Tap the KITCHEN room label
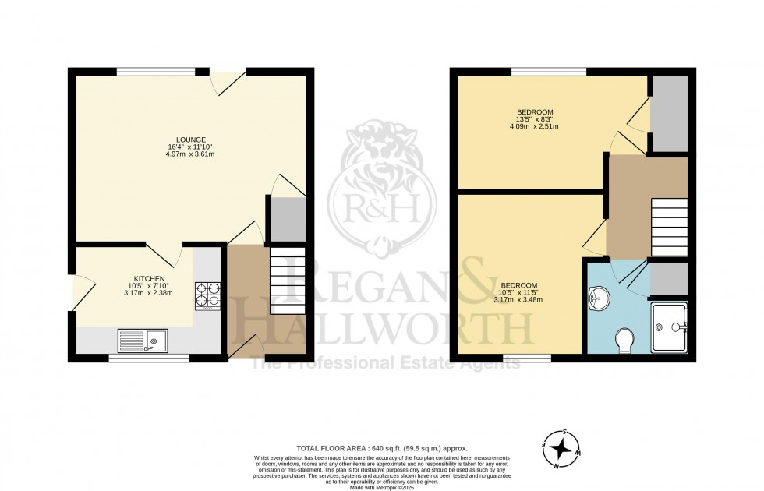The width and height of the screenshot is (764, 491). pos(148,278)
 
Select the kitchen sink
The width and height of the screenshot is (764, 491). pos(143,340)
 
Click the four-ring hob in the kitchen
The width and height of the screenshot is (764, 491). pos(207,296)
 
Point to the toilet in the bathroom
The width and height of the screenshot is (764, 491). pos(624,341)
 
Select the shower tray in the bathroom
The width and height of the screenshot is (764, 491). pos(670,328)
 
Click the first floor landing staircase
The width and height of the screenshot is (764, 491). pos(669,227)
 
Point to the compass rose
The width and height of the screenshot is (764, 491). pos(560,450)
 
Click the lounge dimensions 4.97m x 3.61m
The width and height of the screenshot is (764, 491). pos(190,154)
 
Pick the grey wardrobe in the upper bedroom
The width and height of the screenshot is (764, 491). pos(669,114)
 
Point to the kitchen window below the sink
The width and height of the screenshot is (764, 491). pos(148,359)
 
